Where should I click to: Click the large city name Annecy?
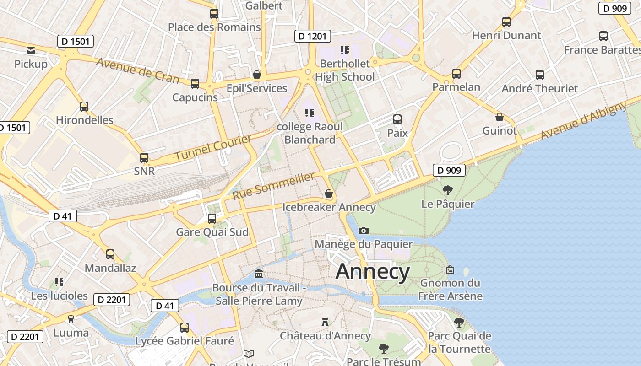[373, 272]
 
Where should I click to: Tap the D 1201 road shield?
[312, 36]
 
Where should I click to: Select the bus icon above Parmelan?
[456, 74]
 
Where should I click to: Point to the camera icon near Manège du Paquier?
[364, 231]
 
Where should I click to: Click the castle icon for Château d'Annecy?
[325, 322]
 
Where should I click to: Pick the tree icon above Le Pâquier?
[448, 190]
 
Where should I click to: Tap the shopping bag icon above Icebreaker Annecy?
[328, 194]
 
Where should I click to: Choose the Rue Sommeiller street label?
[274, 186]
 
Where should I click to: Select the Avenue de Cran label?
[137, 70]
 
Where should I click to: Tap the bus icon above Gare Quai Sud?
[212, 219]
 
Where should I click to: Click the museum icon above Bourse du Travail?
[259, 274]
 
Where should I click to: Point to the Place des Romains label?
[214, 27]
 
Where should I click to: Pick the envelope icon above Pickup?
[31, 51]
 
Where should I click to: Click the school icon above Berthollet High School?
[344, 50]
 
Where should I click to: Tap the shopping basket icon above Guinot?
[500, 117]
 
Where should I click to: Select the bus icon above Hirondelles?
[84, 107]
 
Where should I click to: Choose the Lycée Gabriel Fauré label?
[185, 341]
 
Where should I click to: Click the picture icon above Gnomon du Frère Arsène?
[450, 269]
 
